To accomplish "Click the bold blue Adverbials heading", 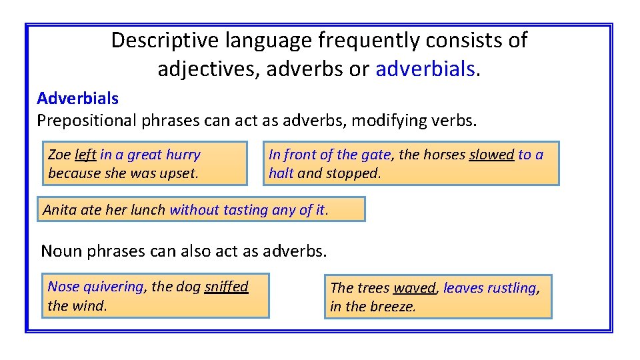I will [x=78, y=99].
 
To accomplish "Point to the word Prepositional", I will [x=85, y=121].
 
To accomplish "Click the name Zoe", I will [x=59, y=155].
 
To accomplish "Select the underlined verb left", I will [x=85, y=155].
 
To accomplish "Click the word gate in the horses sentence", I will [x=375, y=155].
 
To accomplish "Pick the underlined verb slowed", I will [x=491, y=155].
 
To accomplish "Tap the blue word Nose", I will [x=63, y=287].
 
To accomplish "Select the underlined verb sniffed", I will [x=226, y=287].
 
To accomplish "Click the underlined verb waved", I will [x=414, y=288].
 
